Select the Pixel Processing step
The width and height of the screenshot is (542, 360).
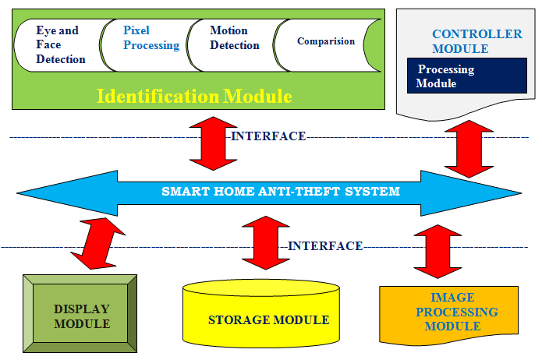151,38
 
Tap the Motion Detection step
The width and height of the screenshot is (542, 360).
235,38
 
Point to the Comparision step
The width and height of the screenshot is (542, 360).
326,41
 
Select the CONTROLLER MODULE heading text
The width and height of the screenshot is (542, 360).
476,41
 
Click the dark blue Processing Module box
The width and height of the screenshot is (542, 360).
466,76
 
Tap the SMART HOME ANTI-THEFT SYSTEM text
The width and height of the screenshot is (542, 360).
280,191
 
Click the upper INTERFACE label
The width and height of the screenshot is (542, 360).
268,136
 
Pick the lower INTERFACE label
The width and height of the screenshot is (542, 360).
325,246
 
